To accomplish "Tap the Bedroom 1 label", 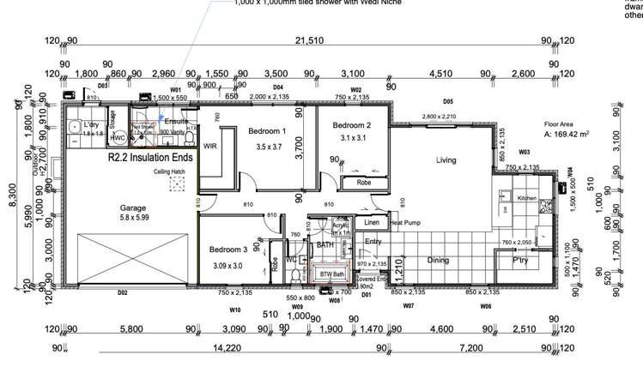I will (267, 131).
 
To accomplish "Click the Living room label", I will (446, 159).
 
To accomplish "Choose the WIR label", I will (209, 147).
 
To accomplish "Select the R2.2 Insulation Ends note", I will (144, 159).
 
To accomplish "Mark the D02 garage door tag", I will (122, 293).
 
